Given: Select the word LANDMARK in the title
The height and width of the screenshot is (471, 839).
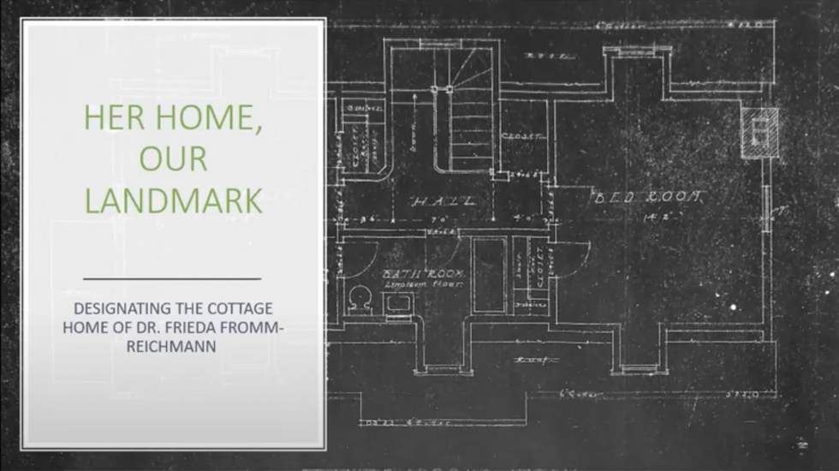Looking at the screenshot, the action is pos(173,200).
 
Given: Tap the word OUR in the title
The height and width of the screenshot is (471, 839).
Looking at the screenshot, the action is pos(172,159).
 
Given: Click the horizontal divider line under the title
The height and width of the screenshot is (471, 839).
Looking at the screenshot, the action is pos(173,279).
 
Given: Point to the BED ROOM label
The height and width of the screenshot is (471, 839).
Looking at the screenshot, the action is pos(648,198).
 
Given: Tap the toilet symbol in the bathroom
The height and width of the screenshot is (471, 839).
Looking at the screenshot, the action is pos(360,297).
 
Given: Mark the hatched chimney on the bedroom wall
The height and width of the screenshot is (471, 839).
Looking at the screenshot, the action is pos(759,133).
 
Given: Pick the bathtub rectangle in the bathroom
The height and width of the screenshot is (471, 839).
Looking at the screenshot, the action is pos(490,275).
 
